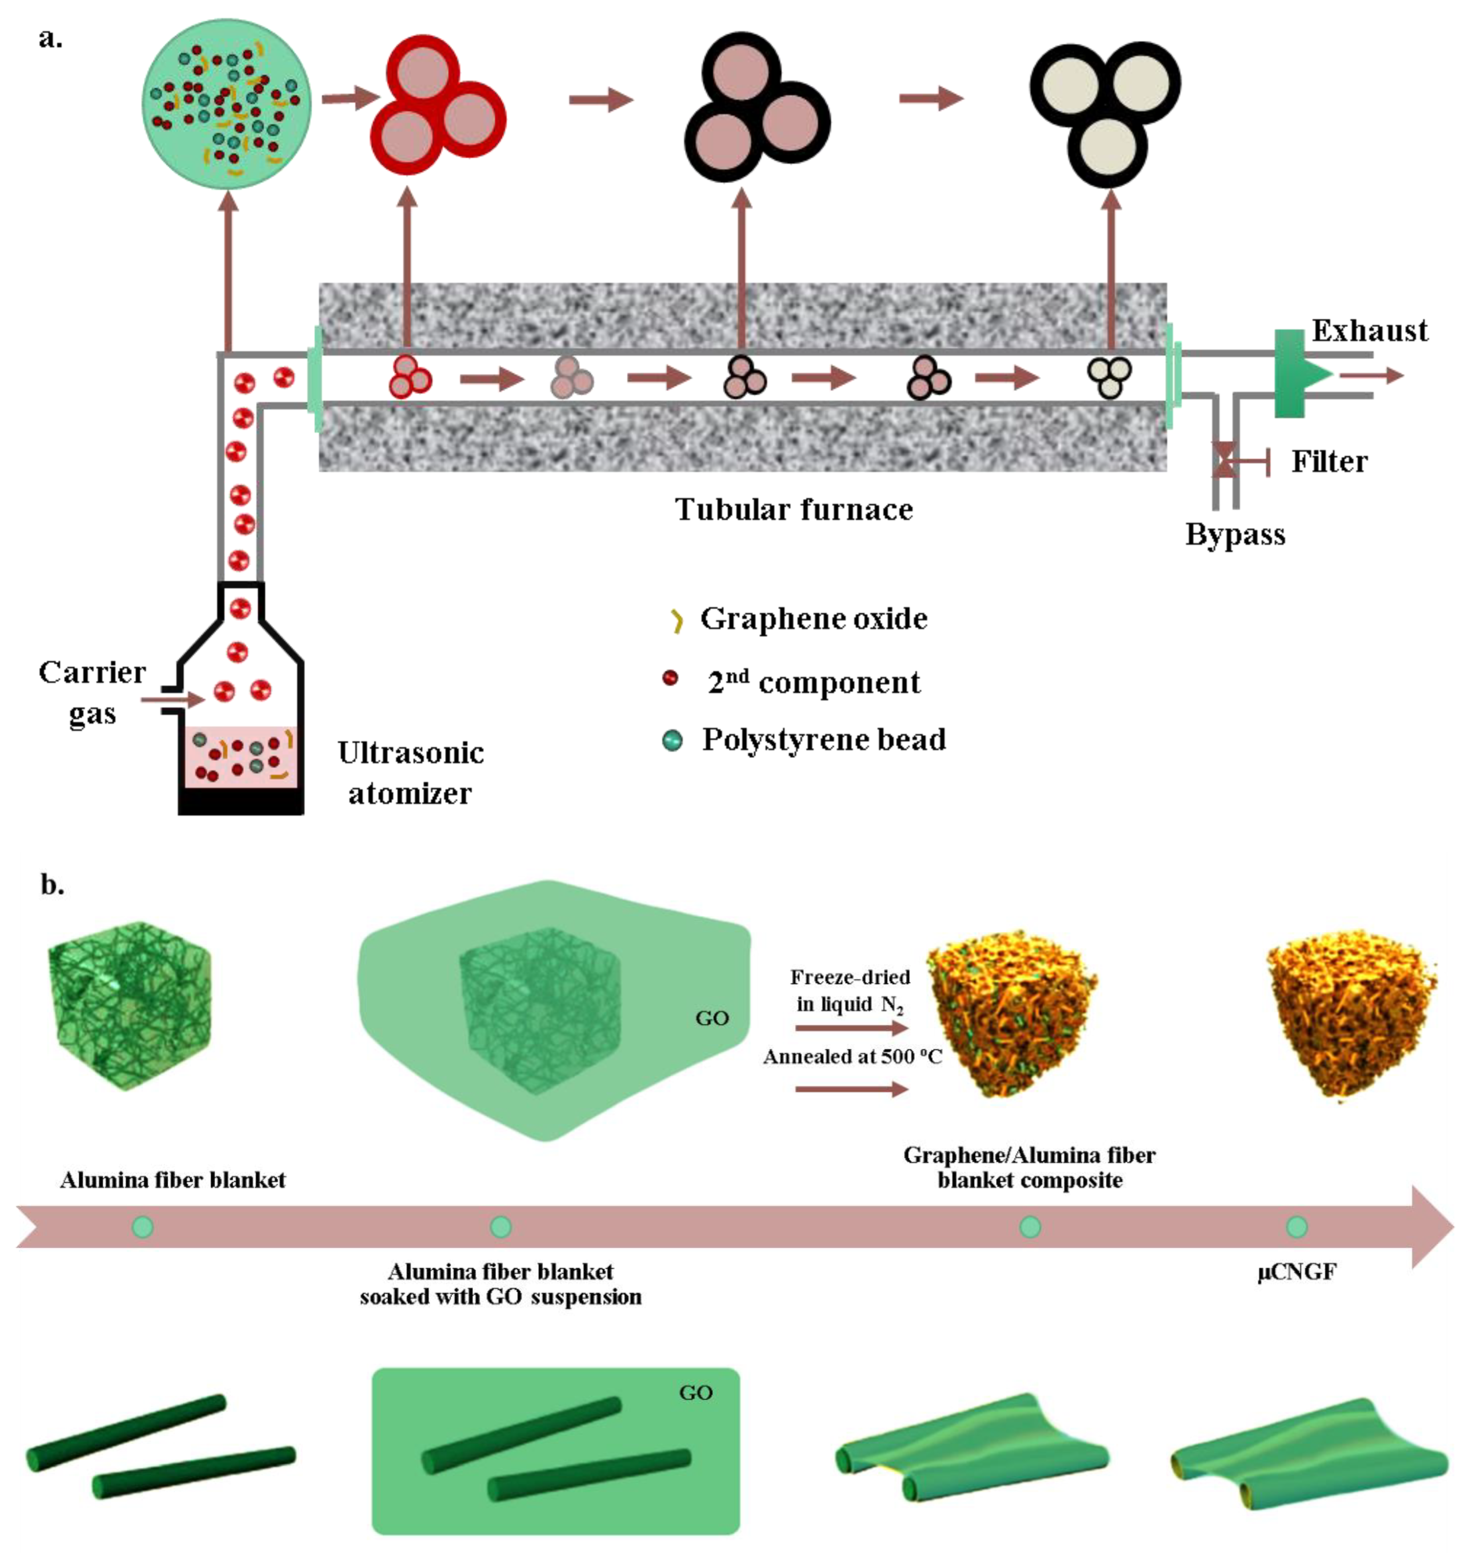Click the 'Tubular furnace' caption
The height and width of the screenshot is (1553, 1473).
[x=794, y=510]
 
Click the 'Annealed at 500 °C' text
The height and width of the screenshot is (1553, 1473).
[x=852, y=1057]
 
